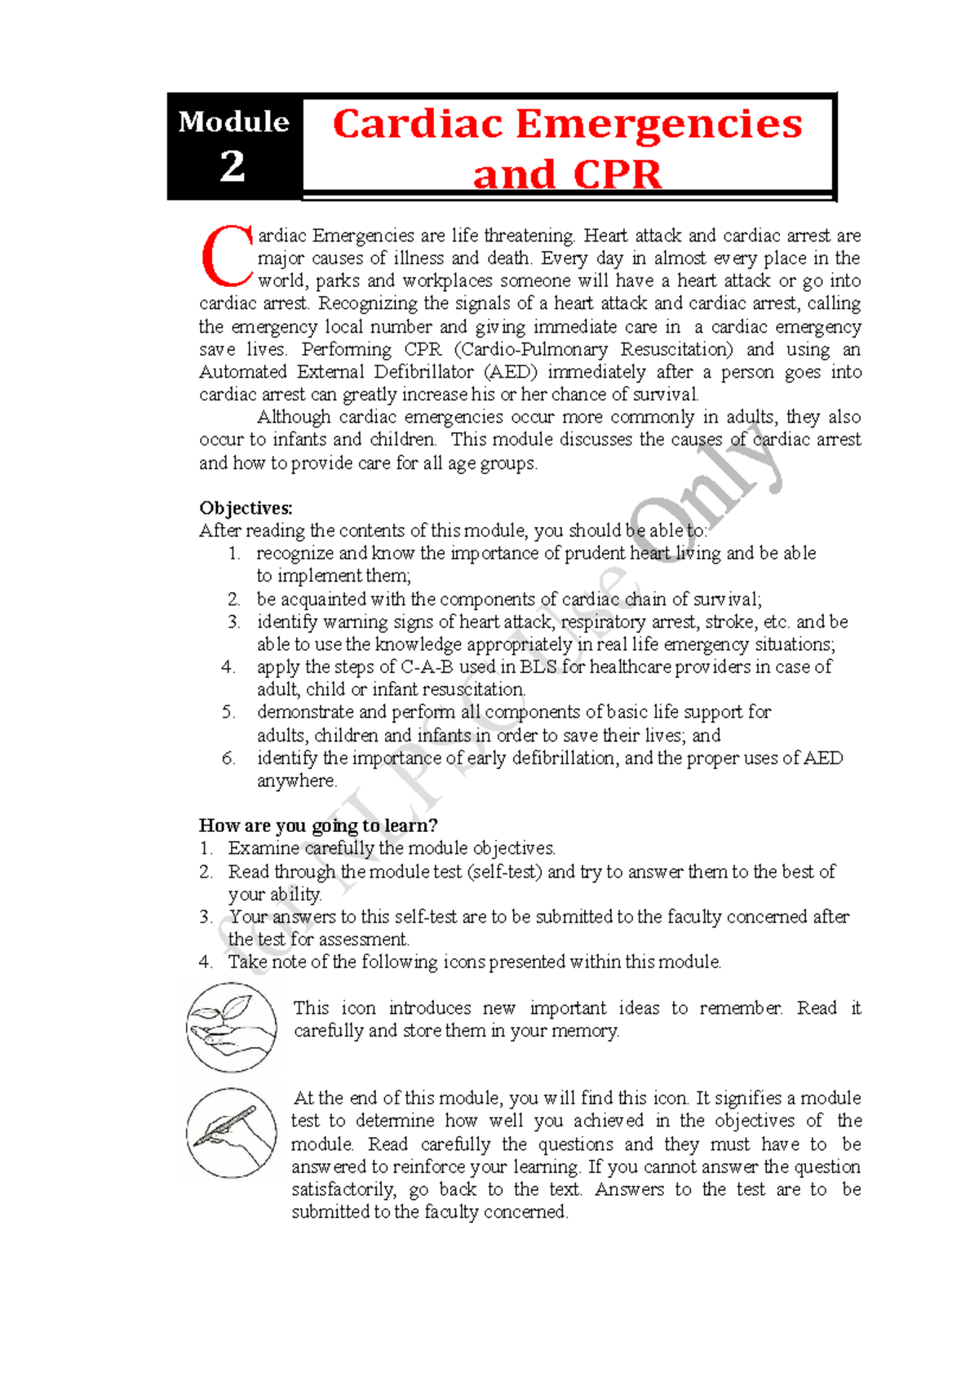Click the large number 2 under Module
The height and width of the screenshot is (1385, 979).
tap(233, 166)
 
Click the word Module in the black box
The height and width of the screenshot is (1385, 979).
tap(233, 122)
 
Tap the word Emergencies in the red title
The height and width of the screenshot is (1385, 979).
tap(659, 125)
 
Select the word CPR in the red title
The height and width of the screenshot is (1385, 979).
tap(617, 175)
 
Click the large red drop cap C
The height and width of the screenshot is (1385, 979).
tap(227, 257)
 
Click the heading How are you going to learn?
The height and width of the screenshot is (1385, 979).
tap(318, 825)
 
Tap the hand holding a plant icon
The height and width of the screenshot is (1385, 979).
tap(232, 1027)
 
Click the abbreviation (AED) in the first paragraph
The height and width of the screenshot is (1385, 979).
tap(511, 373)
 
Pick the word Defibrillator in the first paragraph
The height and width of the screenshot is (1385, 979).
tap(424, 373)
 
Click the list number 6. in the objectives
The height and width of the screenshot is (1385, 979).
tap(228, 759)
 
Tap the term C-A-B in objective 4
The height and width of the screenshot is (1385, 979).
tap(427, 667)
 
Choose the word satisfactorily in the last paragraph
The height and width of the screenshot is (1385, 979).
tap(344, 1190)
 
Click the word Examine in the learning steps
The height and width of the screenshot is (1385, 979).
tap(264, 848)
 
